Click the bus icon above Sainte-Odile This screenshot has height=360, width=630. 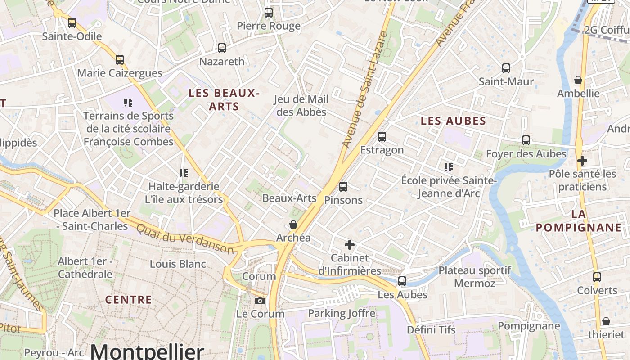coord(72,23)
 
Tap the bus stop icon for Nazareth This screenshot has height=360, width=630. coord(221,48)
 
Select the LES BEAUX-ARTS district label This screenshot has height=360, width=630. coord(224,99)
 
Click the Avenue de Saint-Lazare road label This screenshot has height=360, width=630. coord(364,90)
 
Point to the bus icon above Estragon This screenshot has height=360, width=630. coord(382,137)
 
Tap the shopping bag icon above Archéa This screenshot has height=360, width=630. coord(293,225)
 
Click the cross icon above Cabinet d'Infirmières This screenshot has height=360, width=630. coord(350,245)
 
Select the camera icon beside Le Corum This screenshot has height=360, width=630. coord(260,301)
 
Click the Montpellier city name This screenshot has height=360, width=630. coord(147,351)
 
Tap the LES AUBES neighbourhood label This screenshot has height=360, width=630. coord(454,121)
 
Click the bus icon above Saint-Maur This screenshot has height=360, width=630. coord(506,68)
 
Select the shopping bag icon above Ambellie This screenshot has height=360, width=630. coord(578,81)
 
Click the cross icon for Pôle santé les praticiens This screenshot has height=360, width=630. coord(582,161)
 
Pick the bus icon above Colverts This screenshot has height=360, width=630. coord(597,277)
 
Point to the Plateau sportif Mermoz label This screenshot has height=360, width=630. coord(475,277)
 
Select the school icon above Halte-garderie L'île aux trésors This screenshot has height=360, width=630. coord(183,173)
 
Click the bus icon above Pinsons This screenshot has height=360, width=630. coord(343,187)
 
